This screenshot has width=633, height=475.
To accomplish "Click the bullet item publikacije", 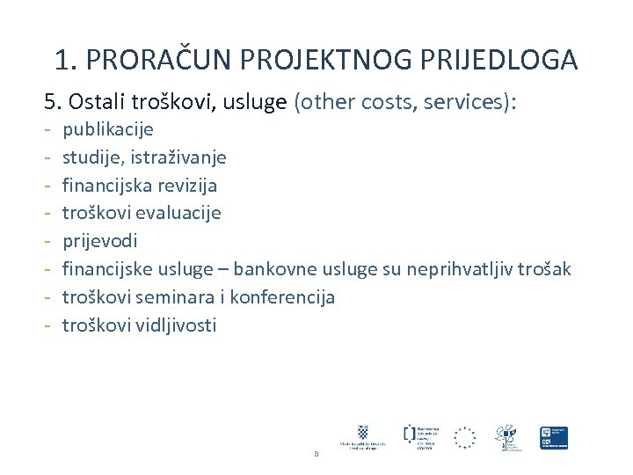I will click(107, 130).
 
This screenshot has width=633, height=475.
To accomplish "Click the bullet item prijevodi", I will click(99, 241).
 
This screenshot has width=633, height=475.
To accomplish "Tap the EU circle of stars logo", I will click(464, 437).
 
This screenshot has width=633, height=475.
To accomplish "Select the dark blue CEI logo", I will click(554, 437).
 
